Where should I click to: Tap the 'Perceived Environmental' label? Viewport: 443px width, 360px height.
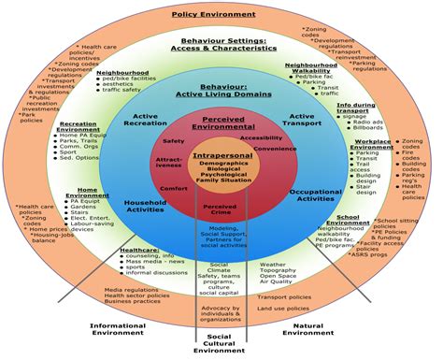(x=217, y=123)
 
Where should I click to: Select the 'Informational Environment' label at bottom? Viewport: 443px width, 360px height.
(x=117, y=330)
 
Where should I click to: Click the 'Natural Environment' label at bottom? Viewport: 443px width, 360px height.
(x=310, y=330)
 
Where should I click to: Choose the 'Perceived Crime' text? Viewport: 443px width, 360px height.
(x=219, y=209)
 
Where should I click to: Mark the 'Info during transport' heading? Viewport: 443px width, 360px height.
(x=355, y=109)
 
